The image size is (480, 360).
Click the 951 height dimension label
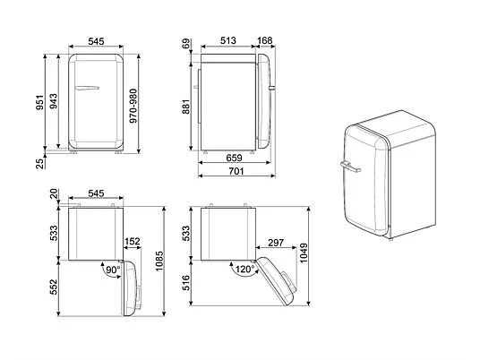click(x=40, y=102)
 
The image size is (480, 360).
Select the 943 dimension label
click(x=53, y=101)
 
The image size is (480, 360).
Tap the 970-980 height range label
click(x=133, y=106)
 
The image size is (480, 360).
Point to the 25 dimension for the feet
click(x=40, y=164)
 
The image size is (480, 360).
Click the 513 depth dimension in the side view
click(x=228, y=40)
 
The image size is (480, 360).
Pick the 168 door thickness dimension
click(x=265, y=40)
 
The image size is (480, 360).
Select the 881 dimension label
click(x=185, y=107)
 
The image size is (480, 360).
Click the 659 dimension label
click(x=234, y=158)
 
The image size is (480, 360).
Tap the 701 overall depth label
click(x=236, y=171)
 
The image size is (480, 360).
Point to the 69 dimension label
click(x=185, y=44)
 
